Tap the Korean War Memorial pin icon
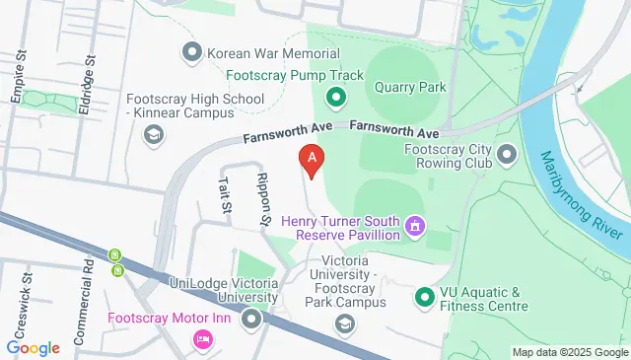(190, 52)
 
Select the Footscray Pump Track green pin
(335, 98)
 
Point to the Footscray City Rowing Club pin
(508, 154)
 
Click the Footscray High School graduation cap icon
(152, 136)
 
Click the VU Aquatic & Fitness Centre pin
(424, 297)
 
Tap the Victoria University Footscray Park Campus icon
(344, 324)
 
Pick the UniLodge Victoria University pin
(251, 319)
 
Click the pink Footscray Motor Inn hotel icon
(202, 339)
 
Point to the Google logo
(33, 348)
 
